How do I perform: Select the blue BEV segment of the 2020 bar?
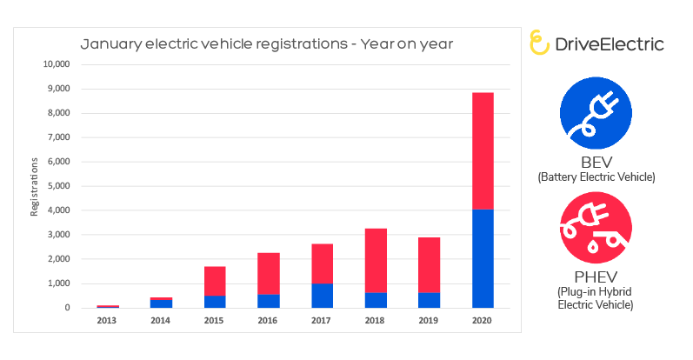pos(483,258)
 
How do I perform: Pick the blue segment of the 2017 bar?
pos(322,296)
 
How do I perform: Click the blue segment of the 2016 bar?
pos(269,301)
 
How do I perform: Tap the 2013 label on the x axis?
pos(108,320)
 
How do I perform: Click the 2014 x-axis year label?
pos(161,320)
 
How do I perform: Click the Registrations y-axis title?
pos(35,186)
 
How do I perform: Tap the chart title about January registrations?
pos(267,43)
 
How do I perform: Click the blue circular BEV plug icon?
pos(595,114)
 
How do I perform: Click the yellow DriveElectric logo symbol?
pos(539,42)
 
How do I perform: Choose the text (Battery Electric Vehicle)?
pos(596,177)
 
